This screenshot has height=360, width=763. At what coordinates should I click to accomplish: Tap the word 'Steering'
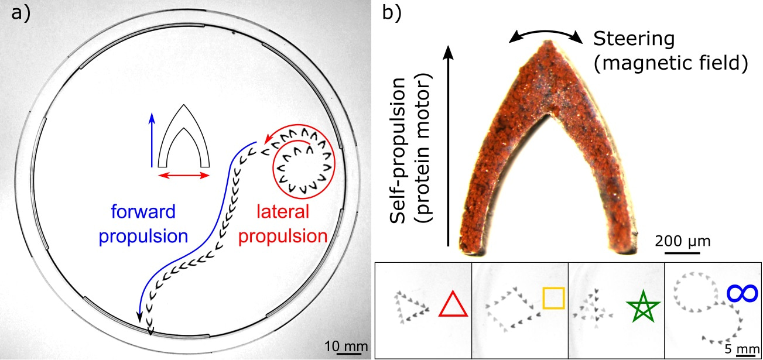634,39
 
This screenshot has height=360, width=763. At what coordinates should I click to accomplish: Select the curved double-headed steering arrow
545,34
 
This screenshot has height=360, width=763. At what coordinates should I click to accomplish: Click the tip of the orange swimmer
549,43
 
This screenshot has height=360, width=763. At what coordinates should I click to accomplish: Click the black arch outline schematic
184,135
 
